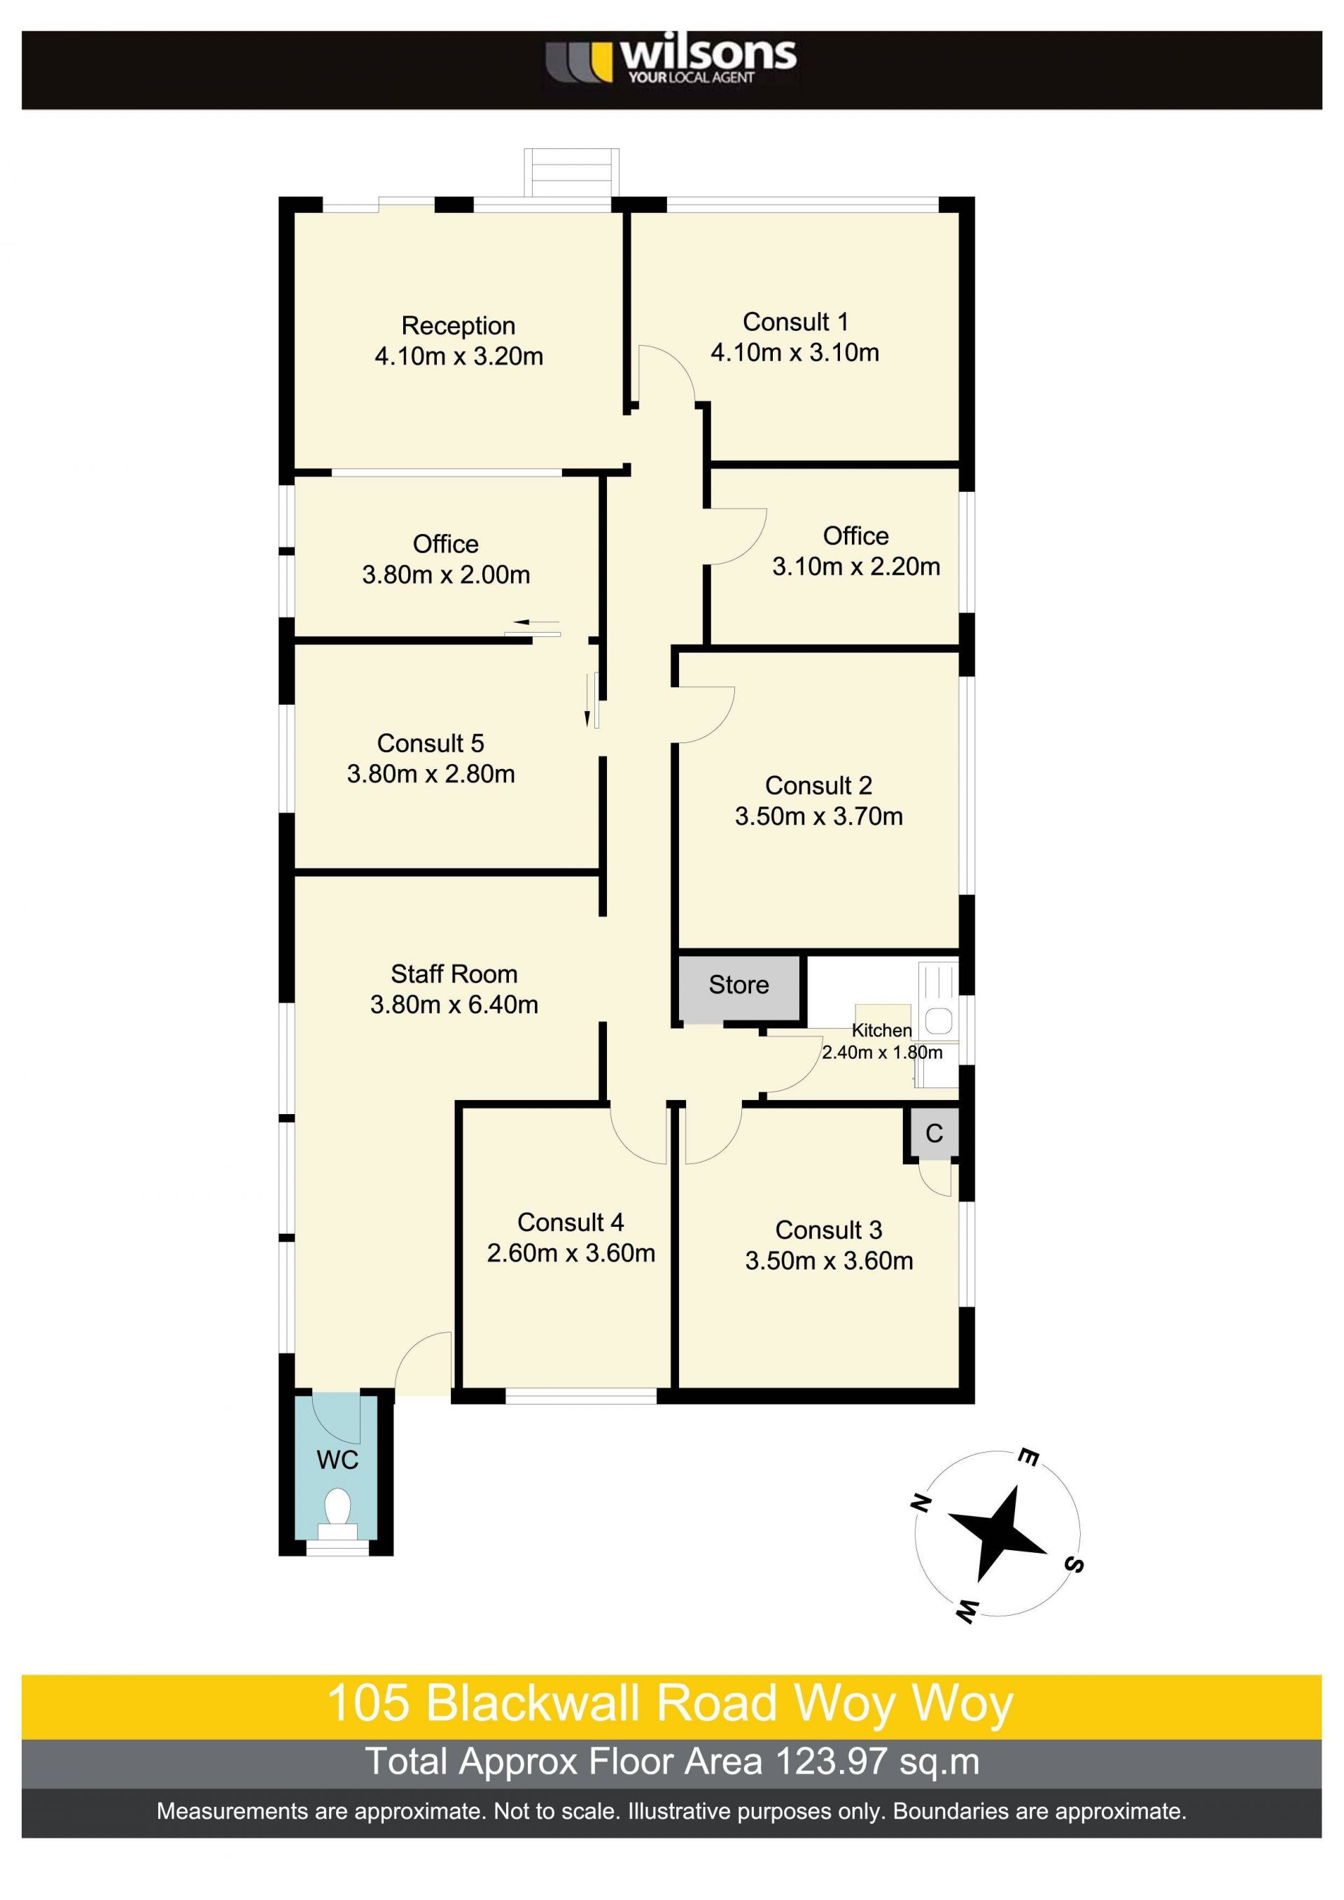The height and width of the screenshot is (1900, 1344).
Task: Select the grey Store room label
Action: click(x=738, y=985)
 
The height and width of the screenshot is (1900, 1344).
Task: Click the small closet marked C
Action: click(x=934, y=1133)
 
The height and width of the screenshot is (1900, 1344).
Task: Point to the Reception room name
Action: click(x=458, y=326)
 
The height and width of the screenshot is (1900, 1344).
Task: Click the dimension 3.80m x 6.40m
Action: click(x=454, y=1005)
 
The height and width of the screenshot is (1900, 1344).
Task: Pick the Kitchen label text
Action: click(x=881, y=1030)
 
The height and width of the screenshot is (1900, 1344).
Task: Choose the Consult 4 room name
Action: click(x=570, y=1223)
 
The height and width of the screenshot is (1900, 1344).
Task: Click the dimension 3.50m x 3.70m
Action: click(x=818, y=816)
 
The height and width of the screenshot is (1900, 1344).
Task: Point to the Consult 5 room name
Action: click(x=430, y=743)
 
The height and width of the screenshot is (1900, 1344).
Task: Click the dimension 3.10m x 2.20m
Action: click(x=855, y=567)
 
